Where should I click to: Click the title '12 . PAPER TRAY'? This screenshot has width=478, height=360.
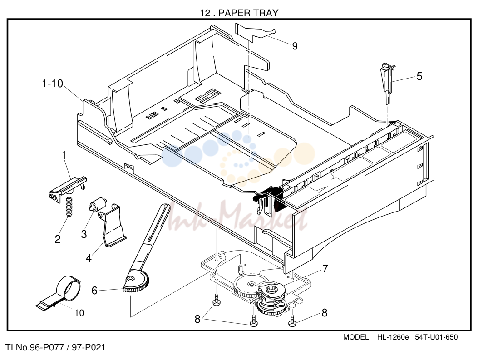pos(239,13)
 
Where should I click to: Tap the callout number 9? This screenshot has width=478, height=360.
pos(295,46)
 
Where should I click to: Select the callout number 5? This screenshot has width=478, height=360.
pos(419,76)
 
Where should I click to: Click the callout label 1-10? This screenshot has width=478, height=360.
pos(53,84)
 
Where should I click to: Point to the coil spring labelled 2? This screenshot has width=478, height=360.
pos(69,207)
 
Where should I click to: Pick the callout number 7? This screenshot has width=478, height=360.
pos(325,269)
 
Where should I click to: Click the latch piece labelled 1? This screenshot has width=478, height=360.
pos(68,187)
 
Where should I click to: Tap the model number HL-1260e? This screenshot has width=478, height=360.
pos(393,337)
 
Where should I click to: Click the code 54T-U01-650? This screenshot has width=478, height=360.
pos(436,337)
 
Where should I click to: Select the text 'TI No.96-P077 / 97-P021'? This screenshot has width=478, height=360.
pos(55,347)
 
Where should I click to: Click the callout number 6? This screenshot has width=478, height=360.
pos(94,291)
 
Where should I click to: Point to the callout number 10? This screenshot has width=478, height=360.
pos(79,313)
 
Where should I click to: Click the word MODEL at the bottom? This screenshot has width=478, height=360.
pos(356,337)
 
